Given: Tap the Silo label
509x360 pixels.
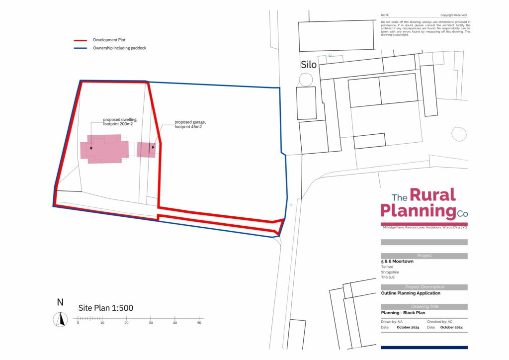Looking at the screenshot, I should click(308, 65).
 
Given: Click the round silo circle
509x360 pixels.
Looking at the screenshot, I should click(306, 79).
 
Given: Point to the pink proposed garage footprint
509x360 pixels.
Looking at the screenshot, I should click(146, 150).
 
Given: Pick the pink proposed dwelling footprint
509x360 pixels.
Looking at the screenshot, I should click(105, 149).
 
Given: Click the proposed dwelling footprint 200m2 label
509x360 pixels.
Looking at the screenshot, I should click(120, 122).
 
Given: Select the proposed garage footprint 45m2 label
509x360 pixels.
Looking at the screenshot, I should click(191, 124).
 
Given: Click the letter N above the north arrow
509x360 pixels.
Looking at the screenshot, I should click(60, 302).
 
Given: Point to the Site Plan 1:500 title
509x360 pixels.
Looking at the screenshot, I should click(105, 308).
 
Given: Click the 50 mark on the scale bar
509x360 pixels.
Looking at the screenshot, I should click(199, 323).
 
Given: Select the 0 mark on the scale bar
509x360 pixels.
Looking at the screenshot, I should click(78, 323).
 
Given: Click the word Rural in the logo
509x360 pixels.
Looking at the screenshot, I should click(432, 195).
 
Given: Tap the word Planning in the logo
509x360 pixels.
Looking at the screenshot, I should click(418, 211).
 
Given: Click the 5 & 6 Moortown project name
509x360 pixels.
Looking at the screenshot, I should click(397, 261).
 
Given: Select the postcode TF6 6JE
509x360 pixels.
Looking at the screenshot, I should click(388, 277).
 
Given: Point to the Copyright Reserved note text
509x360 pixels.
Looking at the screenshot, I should click(453, 15).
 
